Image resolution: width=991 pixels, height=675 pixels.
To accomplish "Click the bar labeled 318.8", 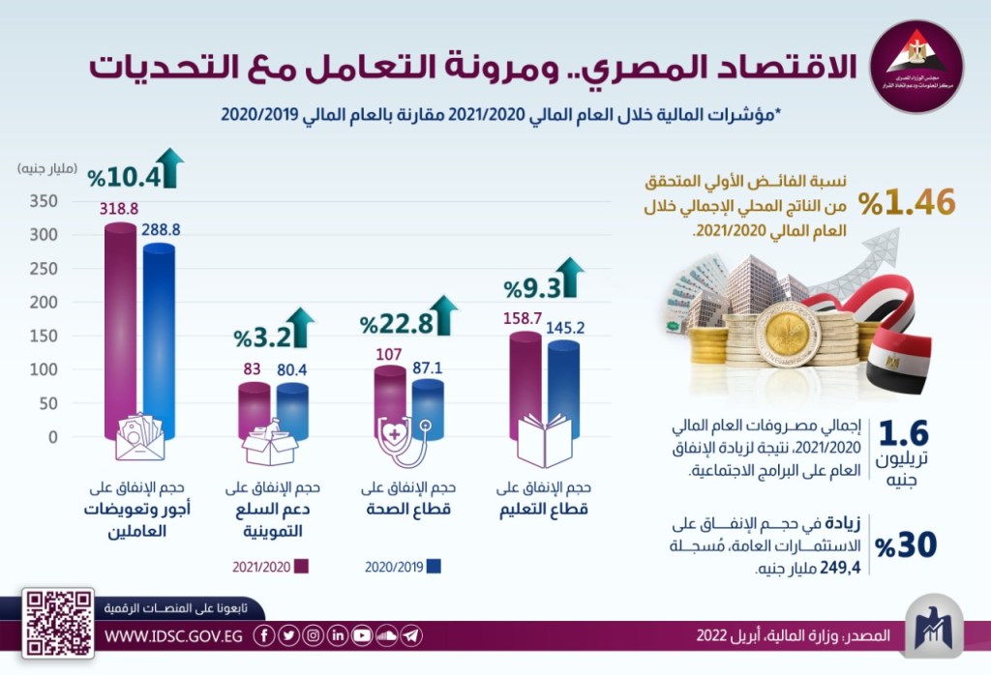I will point(120,329).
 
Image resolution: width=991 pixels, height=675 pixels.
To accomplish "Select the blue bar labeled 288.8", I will point(159,338).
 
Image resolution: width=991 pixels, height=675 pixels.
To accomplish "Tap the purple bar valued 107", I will point(390,396).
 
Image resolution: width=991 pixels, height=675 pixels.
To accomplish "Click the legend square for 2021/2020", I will point(301,567).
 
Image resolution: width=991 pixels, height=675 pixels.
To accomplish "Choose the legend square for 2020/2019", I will point(435,567).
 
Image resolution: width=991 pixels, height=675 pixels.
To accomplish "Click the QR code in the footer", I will point(59,623).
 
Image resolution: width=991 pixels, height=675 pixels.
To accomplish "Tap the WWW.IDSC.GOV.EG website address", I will point(172,635).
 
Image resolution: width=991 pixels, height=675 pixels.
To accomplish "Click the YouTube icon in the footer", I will point(362,635).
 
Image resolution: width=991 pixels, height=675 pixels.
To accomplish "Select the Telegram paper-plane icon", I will point(412,635).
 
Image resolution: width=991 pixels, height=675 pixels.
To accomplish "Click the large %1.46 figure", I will point(906,202).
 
